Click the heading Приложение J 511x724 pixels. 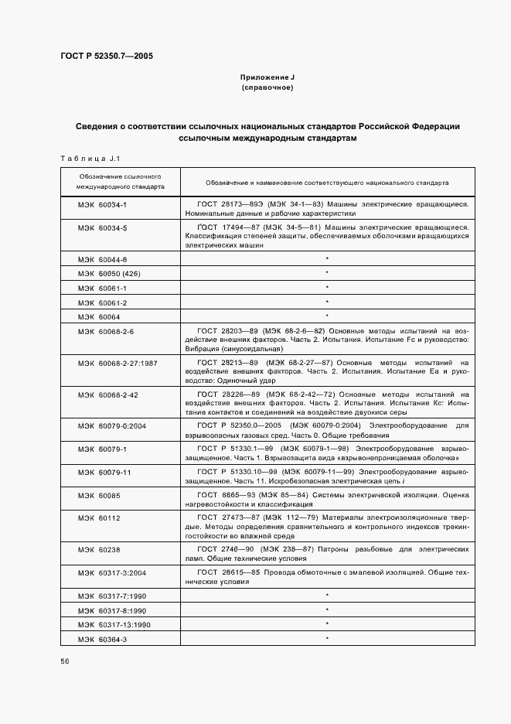tap(267, 78)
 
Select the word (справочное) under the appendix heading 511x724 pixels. tap(267, 88)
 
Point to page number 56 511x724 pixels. tap(64, 661)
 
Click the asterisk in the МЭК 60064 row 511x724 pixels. tap(328, 316)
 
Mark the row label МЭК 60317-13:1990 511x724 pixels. tap(114, 623)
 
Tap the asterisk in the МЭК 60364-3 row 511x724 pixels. tap(328, 638)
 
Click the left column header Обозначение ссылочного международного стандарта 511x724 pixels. tap(120, 182)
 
